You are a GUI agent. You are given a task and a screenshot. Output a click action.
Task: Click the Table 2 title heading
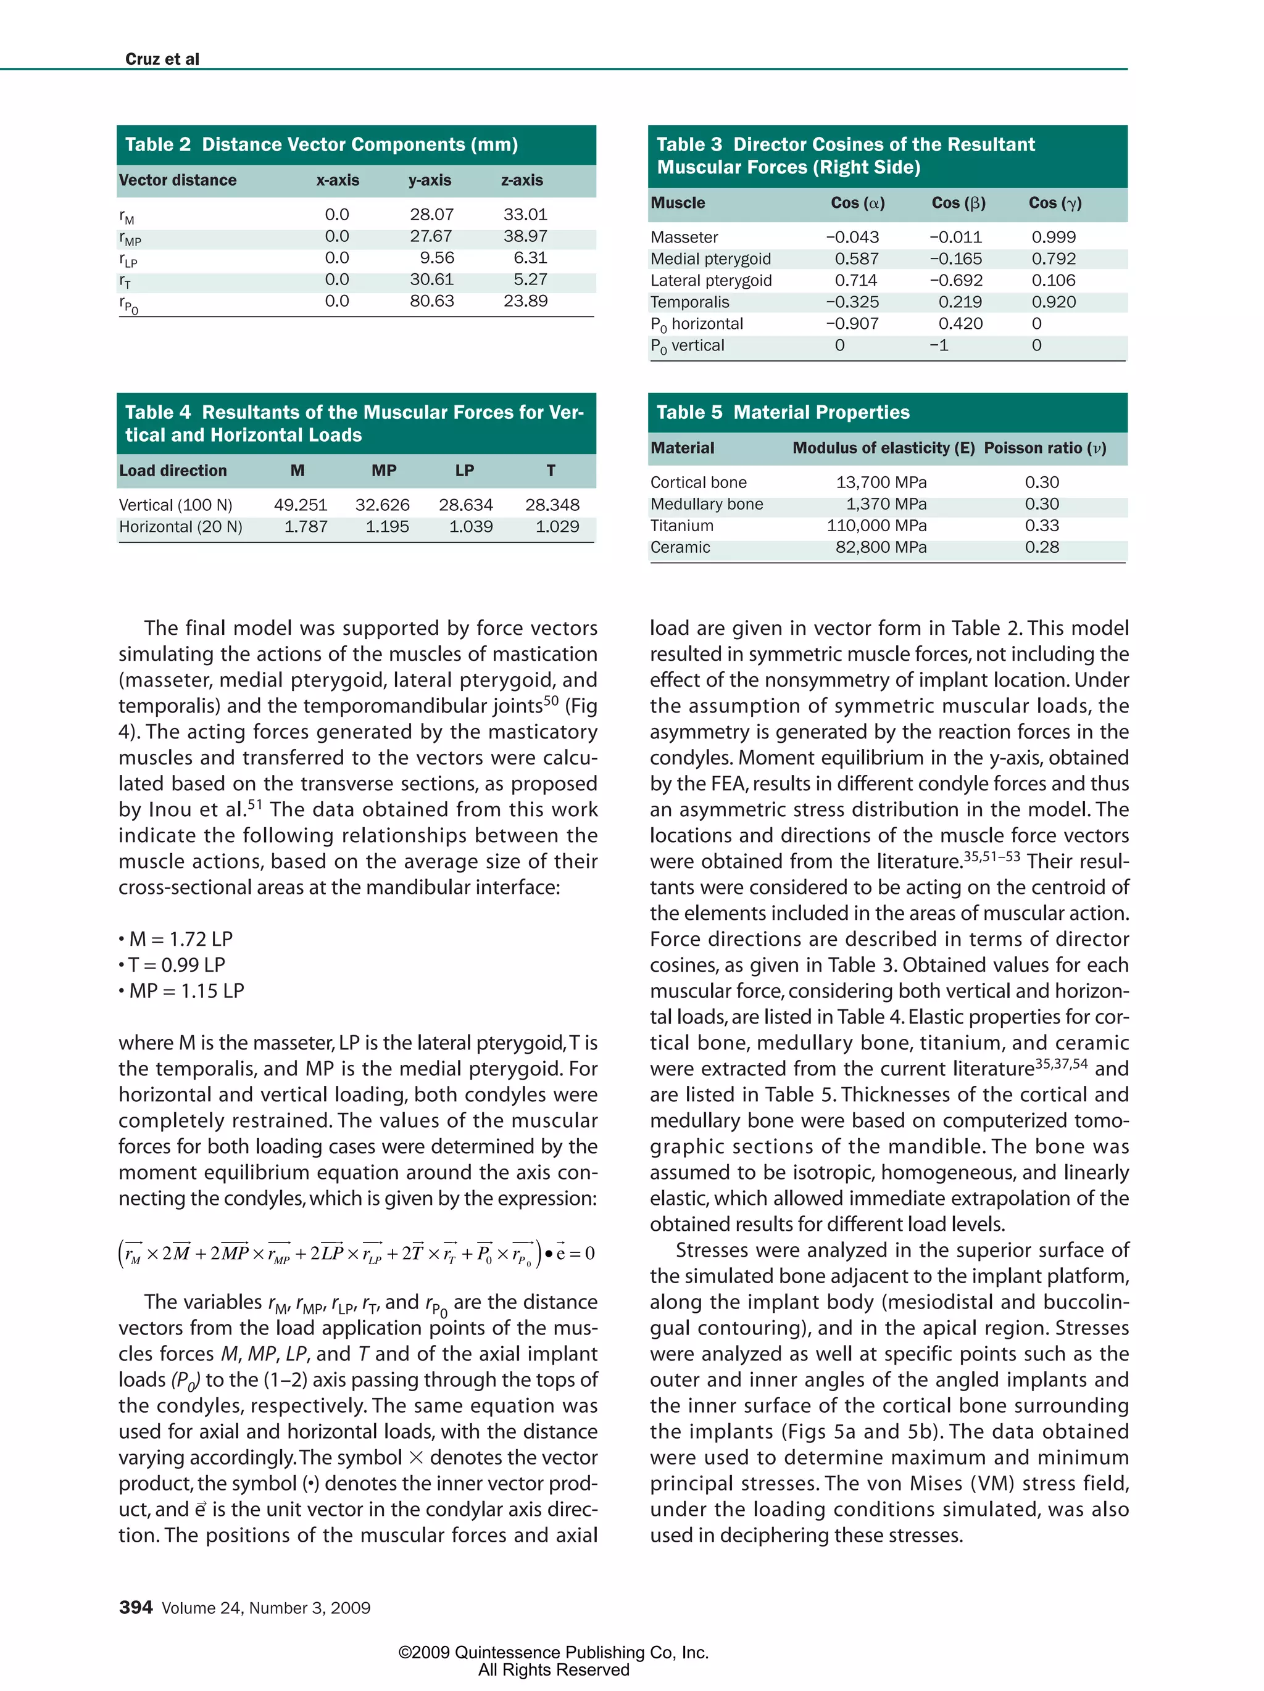(321, 144)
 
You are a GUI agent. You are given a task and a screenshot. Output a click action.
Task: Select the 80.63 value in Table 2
(431, 300)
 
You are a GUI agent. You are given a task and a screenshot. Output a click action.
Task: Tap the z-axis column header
(522, 180)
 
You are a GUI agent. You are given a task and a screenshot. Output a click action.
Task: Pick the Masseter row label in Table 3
(684, 237)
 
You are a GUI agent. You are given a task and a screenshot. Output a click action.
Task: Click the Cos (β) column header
(957, 202)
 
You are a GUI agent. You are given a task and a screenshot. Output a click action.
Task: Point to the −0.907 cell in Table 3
(852, 323)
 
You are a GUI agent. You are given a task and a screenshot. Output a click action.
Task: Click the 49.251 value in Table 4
(301, 505)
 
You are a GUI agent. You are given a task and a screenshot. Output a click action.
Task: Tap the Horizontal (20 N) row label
(180, 527)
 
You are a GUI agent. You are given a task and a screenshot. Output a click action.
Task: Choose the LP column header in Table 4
(464, 471)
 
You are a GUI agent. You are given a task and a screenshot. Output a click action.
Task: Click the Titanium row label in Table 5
(681, 526)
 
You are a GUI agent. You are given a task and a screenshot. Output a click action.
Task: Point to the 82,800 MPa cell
(880, 547)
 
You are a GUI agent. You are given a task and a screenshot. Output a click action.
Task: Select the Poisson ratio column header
(1044, 448)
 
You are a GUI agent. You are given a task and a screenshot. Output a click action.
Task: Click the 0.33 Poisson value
(1041, 526)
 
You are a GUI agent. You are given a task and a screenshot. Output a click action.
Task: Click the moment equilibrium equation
(356, 1254)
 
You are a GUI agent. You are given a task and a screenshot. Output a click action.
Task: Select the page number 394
(135, 1607)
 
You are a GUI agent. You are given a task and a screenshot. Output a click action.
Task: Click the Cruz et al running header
(162, 59)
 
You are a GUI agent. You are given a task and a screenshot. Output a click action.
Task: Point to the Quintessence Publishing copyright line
(553, 1652)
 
